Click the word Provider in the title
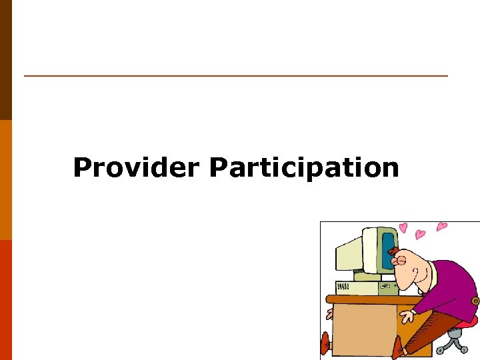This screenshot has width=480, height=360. pyautogui.click(x=136, y=167)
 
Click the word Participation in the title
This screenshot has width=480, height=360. pyautogui.click(x=304, y=167)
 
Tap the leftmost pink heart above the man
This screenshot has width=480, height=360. pyautogui.click(x=403, y=228)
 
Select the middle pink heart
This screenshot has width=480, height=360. pyautogui.click(x=420, y=234)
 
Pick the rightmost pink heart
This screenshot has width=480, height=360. pyautogui.click(x=441, y=227)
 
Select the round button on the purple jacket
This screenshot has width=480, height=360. pyautogui.click(x=475, y=301)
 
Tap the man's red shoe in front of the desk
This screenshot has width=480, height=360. pyautogui.click(x=399, y=347)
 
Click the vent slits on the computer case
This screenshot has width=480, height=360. pyautogui.click(x=343, y=287)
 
